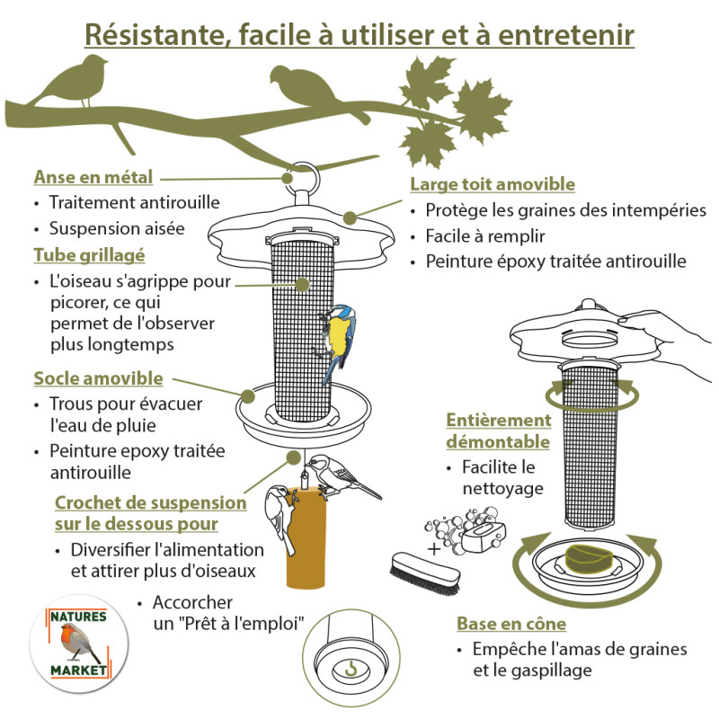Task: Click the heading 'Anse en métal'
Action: [93, 176]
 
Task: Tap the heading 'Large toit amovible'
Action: [493, 184]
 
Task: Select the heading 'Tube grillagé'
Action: [89, 254]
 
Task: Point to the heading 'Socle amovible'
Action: [98, 377]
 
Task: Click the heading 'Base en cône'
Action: [511, 624]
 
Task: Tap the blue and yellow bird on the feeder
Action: [337, 337]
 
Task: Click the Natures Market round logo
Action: [78, 642]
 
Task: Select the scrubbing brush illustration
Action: [425, 573]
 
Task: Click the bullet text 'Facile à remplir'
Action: [486, 236]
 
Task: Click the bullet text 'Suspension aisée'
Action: [117, 228]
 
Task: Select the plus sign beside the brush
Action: [434, 547]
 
